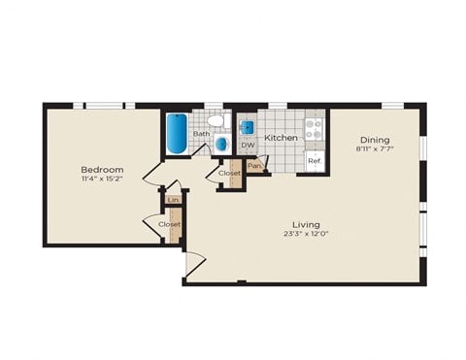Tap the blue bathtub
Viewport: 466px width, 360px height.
pos(177,134)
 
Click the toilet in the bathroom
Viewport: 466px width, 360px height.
pos(220,122)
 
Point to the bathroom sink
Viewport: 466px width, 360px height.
pos(221,144)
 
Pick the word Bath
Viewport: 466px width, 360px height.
pos(200,134)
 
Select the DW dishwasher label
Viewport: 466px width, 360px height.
pos(248,146)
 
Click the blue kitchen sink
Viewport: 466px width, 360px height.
pos(247,126)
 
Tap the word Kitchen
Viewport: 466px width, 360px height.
pos(282,139)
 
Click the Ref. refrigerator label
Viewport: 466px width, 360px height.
pos(315,160)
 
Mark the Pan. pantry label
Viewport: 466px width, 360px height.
pos(254,166)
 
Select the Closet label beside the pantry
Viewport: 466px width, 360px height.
pos(229,173)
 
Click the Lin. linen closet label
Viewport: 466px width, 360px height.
pos(174,201)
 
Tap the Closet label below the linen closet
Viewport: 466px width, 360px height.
pos(169,224)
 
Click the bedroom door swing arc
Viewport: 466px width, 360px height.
pos(150,177)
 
